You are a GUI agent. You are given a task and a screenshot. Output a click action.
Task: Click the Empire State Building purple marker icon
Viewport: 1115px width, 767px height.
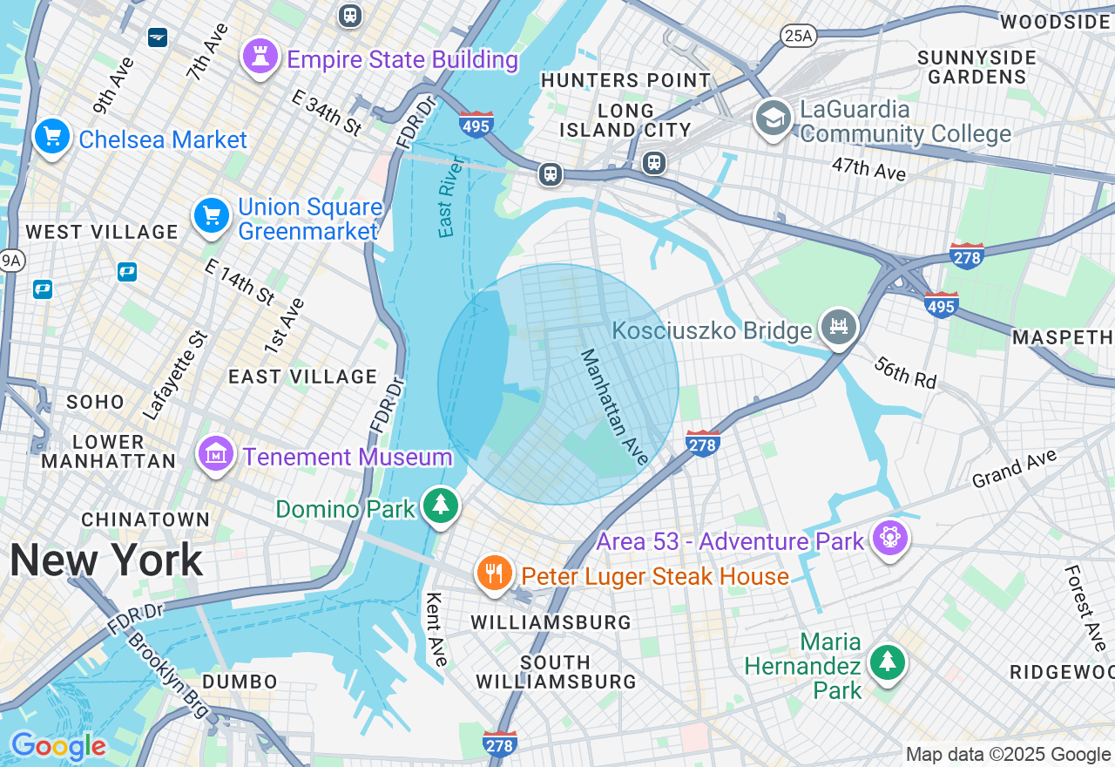coord(260,57)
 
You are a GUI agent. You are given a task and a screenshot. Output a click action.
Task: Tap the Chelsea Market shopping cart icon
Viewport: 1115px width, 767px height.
coord(52,137)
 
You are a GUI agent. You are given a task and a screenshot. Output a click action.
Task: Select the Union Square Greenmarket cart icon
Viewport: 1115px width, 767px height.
coord(212,215)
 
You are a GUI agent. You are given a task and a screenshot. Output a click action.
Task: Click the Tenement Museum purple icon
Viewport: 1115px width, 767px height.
coord(216,454)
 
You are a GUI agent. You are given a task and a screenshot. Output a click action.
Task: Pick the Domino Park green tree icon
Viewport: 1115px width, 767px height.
coord(441,506)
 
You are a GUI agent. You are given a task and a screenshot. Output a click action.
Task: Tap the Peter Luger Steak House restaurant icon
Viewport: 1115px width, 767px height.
coord(495,574)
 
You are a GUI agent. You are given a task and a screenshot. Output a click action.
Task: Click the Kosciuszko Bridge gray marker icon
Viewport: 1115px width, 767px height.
coord(839,328)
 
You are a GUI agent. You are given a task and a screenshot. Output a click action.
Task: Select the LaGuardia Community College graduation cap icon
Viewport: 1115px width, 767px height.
coord(773,118)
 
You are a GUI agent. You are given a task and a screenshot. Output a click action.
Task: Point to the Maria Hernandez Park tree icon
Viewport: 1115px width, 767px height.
coord(887,663)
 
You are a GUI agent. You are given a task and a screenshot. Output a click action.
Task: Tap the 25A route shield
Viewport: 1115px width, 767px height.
coord(797,35)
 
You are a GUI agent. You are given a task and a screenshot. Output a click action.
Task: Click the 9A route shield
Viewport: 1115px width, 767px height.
coord(10,260)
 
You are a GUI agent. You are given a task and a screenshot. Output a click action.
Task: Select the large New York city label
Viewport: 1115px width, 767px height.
coord(106,560)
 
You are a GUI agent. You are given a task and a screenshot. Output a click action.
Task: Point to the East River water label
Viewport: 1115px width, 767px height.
coord(449,197)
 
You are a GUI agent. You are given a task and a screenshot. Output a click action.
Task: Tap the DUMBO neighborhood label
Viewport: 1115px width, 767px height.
coord(240,682)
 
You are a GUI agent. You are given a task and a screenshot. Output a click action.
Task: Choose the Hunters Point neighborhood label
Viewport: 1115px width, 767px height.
coord(625,80)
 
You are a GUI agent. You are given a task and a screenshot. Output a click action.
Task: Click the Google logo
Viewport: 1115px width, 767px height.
coord(58,747)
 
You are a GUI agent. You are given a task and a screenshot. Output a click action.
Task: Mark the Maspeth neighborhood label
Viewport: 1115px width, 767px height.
coord(1063,336)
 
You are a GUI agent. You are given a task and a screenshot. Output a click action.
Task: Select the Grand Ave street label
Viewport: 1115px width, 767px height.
coord(1014,468)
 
